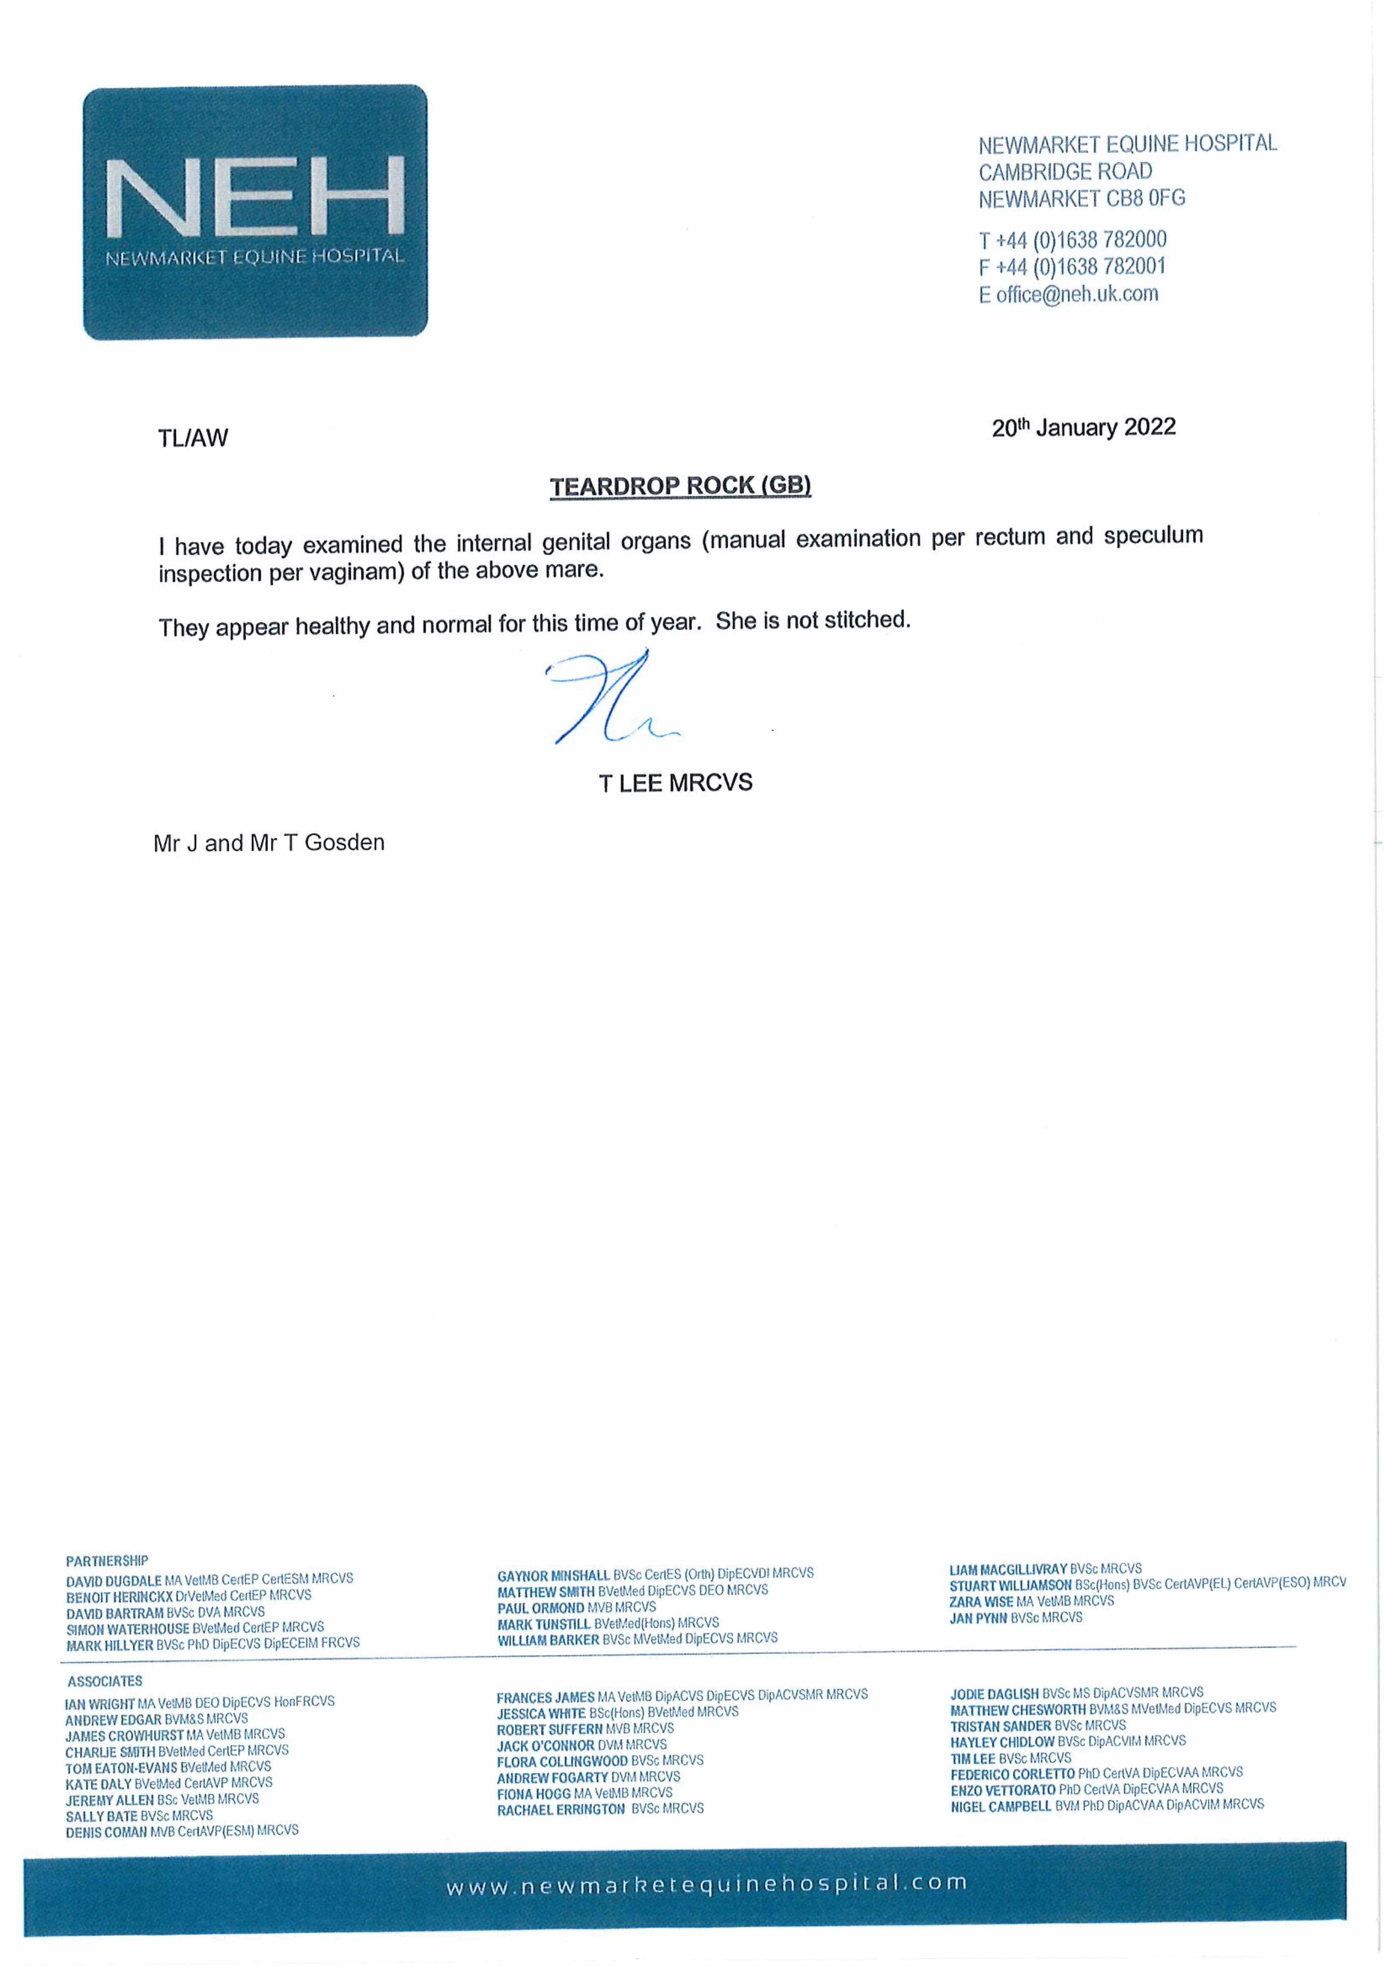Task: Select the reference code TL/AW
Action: coord(193,438)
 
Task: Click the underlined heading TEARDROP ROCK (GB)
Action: coord(680,486)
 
